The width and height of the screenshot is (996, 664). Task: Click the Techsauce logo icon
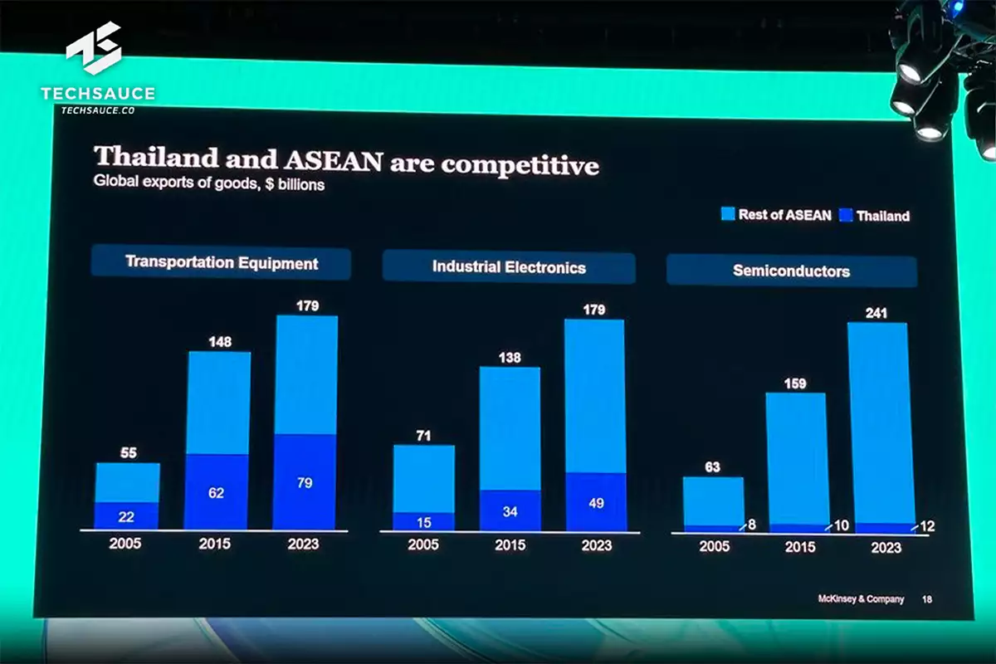(x=94, y=52)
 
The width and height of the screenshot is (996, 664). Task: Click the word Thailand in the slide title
(x=157, y=157)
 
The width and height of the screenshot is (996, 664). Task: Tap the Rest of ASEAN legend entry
(x=775, y=215)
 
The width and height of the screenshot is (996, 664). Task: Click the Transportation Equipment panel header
(x=221, y=263)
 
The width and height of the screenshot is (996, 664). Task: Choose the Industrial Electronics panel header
(x=508, y=267)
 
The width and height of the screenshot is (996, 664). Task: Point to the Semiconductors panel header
(x=791, y=271)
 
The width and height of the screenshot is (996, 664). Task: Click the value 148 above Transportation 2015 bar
(x=219, y=342)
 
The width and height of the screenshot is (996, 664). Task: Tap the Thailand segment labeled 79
(x=305, y=482)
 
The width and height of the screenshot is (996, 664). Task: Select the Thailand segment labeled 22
(x=126, y=516)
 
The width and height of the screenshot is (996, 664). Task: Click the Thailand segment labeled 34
(x=510, y=511)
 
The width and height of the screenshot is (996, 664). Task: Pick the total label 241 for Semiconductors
(x=876, y=313)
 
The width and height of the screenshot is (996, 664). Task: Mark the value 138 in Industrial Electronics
(x=510, y=357)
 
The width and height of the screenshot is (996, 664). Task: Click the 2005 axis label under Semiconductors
(x=714, y=547)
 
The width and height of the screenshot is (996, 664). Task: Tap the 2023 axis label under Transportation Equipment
(x=305, y=544)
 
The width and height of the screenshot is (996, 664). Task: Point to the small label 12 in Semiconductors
(x=927, y=526)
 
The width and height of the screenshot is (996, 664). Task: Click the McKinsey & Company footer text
(x=861, y=599)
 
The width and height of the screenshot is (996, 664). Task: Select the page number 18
(x=926, y=599)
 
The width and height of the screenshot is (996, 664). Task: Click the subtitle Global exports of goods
(x=208, y=184)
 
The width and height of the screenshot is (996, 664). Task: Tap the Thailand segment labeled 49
(x=595, y=502)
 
